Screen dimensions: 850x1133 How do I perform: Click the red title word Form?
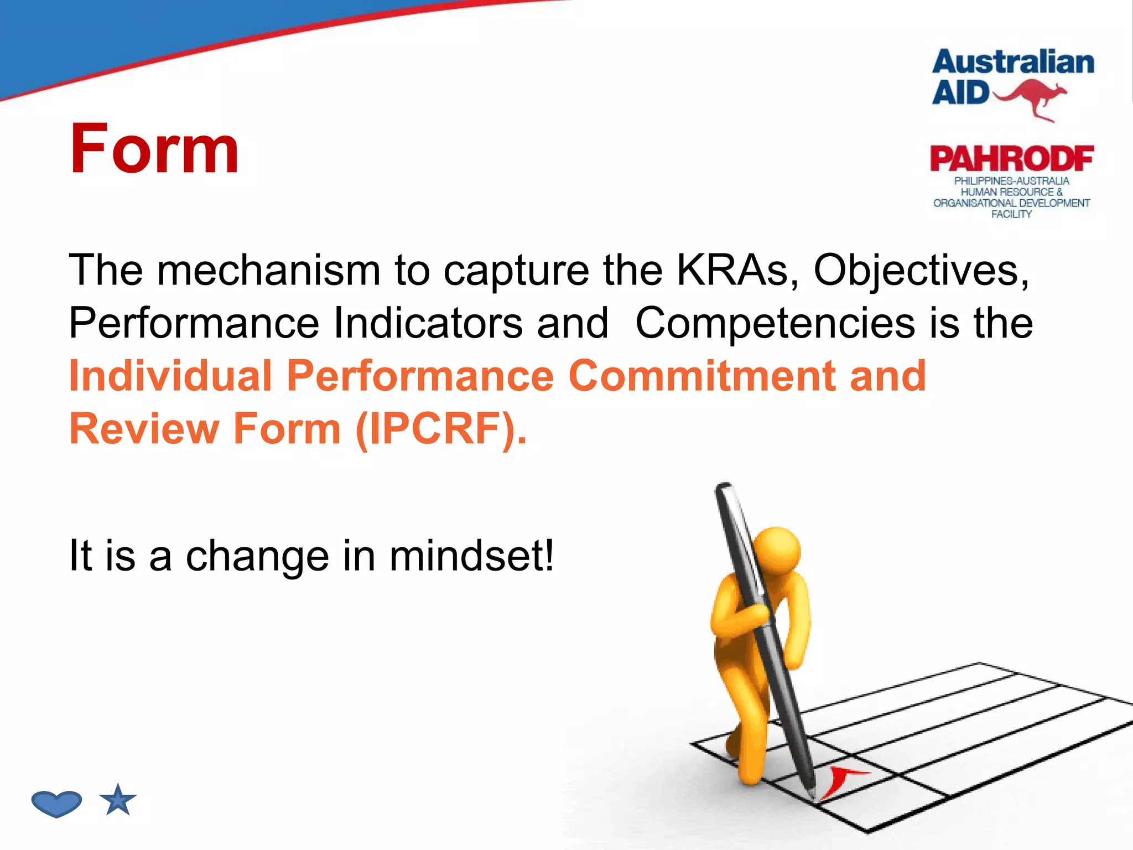154,149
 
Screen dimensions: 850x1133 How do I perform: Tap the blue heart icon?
56,803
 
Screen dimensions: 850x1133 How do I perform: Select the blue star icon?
118,801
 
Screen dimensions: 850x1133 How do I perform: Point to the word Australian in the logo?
1013,62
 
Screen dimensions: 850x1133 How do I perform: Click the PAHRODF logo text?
1011,159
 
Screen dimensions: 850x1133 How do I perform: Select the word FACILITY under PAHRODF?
1011,215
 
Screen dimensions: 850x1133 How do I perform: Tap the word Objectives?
921,271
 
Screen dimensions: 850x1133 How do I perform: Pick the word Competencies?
775,323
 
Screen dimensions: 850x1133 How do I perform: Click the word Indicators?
428,323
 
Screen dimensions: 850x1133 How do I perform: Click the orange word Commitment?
701,376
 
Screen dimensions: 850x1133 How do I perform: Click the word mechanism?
269,271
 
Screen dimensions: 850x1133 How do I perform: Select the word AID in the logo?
960,93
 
